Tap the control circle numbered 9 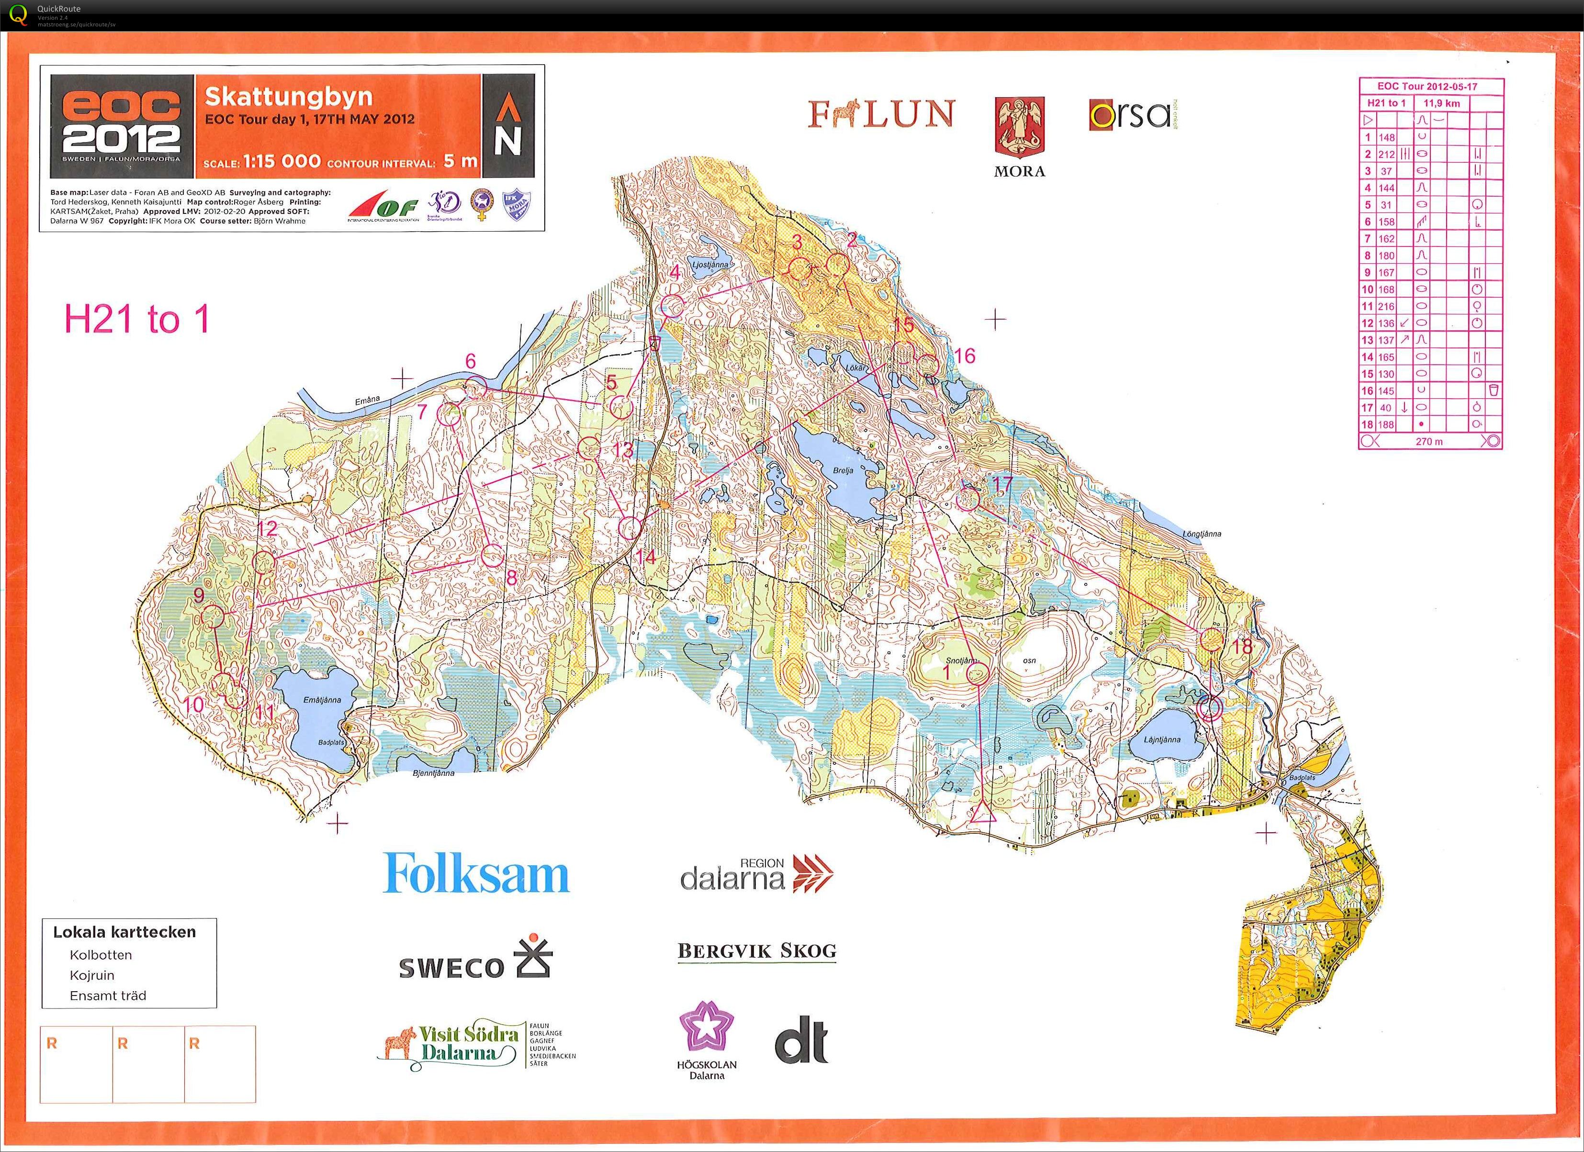pos(213,616)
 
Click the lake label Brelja pos(843,470)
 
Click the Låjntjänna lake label pos(1163,739)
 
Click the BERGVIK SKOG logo pos(756,950)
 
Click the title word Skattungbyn pos(289,96)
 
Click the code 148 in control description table pos(1386,137)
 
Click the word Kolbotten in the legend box pos(101,954)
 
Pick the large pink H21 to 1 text pos(137,319)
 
